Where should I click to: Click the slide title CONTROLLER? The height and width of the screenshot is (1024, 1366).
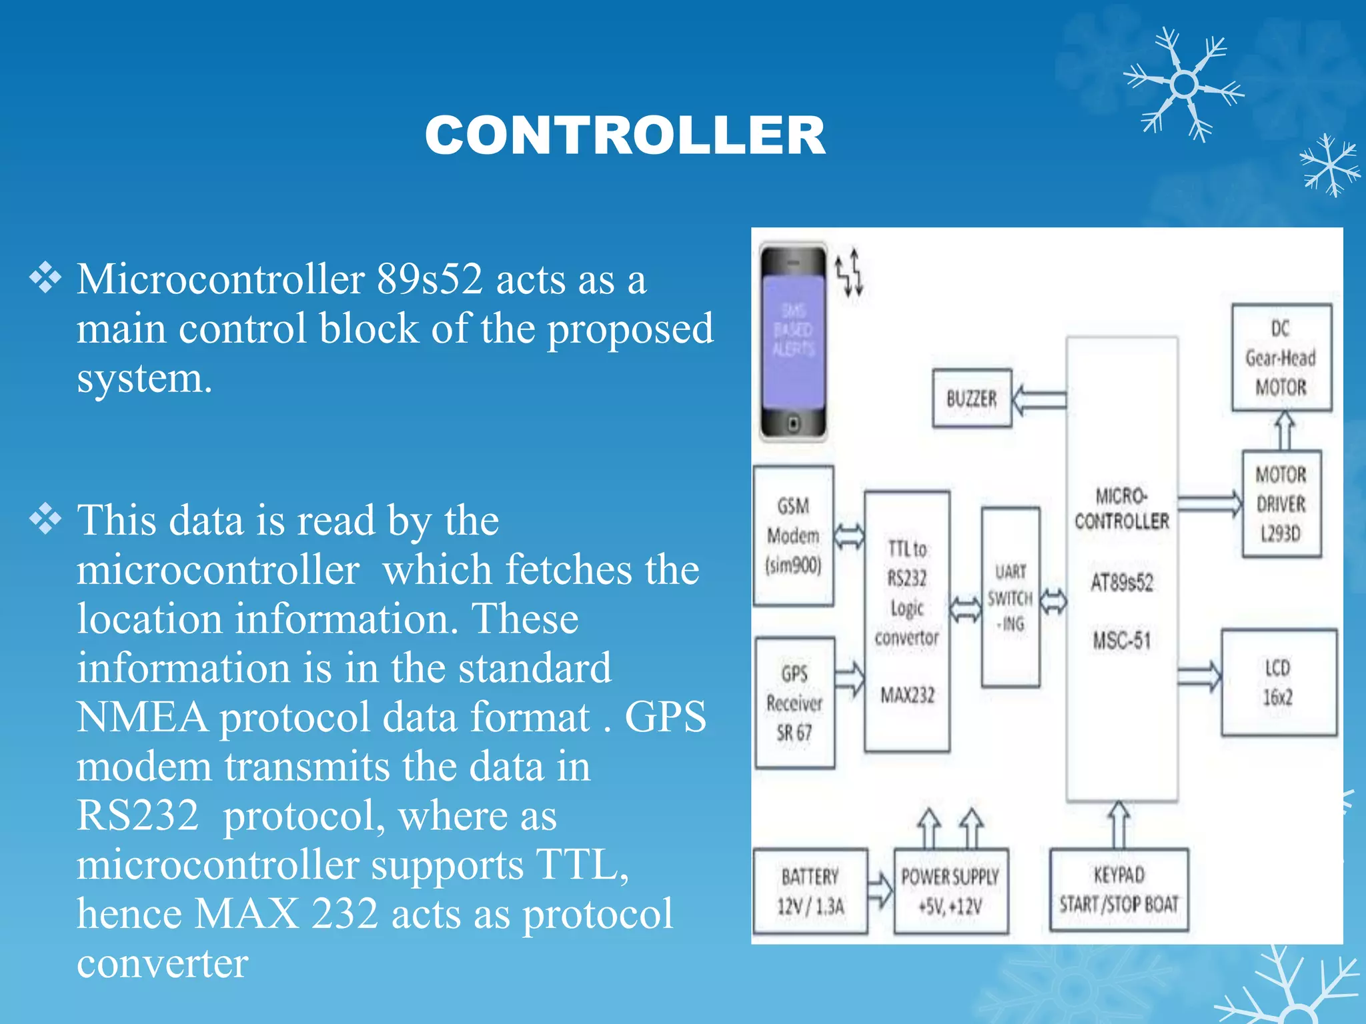pyautogui.click(x=625, y=135)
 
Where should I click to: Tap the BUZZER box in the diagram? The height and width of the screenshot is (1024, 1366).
pyautogui.click(x=971, y=399)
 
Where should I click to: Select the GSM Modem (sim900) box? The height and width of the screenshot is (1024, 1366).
pyautogui.click(x=793, y=535)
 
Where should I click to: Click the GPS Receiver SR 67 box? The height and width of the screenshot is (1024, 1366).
pyautogui.click(x=794, y=703)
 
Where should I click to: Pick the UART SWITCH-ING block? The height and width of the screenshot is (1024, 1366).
pyautogui.click(x=1010, y=597)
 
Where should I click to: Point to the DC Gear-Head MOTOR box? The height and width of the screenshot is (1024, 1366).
pyautogui.click(x=1281, y=358)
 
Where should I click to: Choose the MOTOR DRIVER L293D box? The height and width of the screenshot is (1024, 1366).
pyautogui.click(x=1281, y=504)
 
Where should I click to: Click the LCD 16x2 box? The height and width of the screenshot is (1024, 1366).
pyautogui.click(x=1278, y=682)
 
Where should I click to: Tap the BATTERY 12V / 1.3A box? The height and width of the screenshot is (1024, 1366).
pyautogui.click(x=810, y=891)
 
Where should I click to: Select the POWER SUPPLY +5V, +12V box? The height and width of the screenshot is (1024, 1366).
pyautogui.click(x=950, y=891)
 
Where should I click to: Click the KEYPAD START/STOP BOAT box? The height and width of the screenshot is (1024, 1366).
pyautogui.click(x=1119, y=889)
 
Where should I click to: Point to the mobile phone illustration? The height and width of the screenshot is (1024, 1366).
pyautogui.click(x=793, y=342)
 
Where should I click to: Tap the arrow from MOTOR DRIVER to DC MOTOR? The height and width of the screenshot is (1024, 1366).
pyautogui.click(x=1285, y=431)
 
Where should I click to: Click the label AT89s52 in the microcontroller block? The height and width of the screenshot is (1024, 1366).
pyautogui.click(x=1122, y=583)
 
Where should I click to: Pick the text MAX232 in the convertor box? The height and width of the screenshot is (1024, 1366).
pyautogui.click(x=907, y=695)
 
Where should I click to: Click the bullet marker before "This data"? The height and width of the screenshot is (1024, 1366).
pyautogui.click(x=45, y=519)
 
